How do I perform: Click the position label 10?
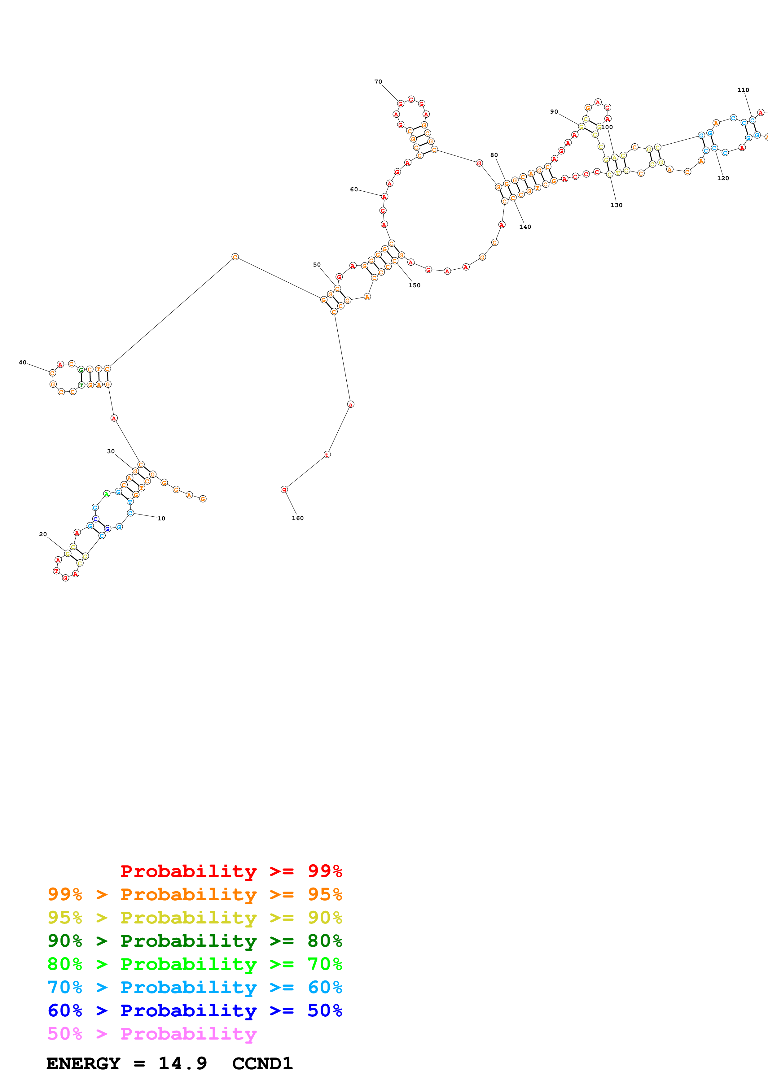[161, 519]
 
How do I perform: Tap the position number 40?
[22, 362]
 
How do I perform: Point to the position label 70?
[378, 82]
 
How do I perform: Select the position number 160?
[298, 518]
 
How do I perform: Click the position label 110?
[743, 90]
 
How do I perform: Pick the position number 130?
[616, 205]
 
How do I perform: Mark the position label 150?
[415, 285]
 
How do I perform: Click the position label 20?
[42, 534]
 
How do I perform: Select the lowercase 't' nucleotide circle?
[327, 454]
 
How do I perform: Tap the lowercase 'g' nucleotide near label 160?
[284, 489]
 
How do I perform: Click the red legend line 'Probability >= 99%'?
[231, 871]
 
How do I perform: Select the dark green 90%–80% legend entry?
[195, 941]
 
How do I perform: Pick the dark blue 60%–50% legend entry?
[195, 1010]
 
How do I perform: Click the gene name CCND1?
[263, 1064]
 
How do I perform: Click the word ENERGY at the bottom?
[83, 1064]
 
